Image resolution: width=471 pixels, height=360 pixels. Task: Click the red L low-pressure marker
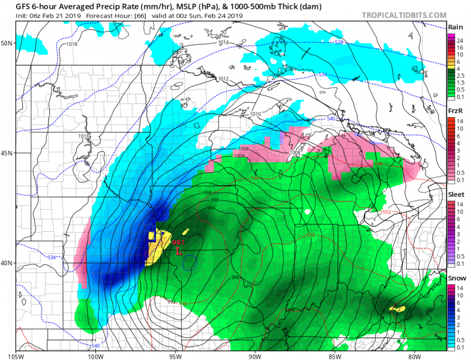(x=179, y=251)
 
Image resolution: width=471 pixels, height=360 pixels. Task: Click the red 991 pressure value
(x=179, y=243)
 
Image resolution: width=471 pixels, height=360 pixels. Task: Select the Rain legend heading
(x=454, y=27)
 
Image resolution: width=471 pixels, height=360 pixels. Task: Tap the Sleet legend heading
(x=454, y=194)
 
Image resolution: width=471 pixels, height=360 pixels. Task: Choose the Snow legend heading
(x=454, y=278)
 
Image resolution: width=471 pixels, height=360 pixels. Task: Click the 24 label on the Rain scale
(x=460, y=41)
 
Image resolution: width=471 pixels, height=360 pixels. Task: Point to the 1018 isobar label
(x=72, y=44)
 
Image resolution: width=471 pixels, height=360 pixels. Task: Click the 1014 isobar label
(x=223, y=42)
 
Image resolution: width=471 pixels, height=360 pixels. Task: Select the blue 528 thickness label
(x=339, y=42)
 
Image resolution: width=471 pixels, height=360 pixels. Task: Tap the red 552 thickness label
(x=386, y=212)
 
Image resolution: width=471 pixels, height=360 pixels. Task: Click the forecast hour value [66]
(x=132, y=16)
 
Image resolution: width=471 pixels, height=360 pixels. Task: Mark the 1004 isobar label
(x=239, y=156)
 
